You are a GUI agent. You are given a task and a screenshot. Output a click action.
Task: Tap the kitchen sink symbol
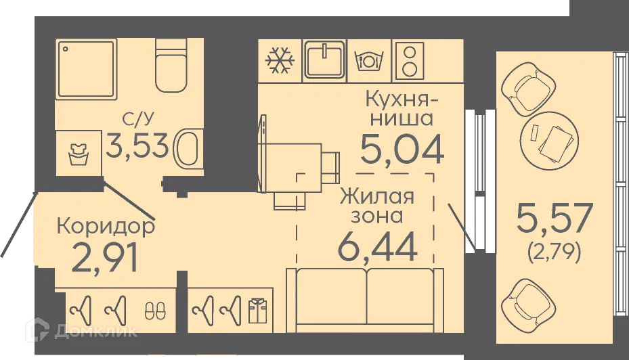[324, 60]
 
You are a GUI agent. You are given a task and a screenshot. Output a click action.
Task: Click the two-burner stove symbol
[408, 60]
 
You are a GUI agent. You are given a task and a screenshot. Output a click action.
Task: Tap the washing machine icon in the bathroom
[79, 154]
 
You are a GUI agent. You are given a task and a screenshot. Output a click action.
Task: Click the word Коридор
[105, 225]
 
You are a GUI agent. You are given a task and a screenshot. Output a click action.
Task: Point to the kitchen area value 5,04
[402, 148]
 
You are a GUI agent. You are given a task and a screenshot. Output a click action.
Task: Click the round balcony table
[549, 140]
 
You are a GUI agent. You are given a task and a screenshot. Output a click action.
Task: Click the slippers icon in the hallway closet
[154, 311]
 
